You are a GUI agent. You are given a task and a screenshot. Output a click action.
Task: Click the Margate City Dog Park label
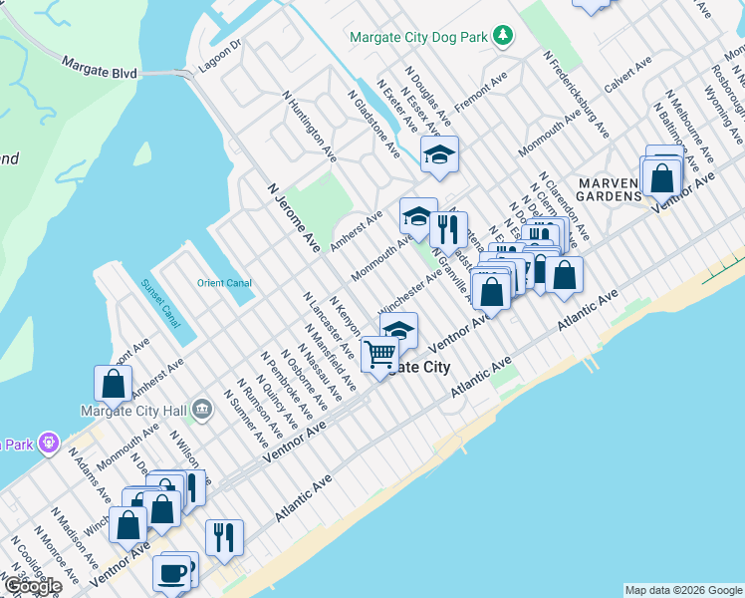tap(419, 37)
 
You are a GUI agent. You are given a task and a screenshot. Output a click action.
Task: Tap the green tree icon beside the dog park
tap(505, 36)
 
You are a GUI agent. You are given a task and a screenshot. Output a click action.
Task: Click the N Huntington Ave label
tap(309, 130)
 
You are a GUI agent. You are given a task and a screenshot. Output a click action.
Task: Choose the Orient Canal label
tap(224, 283)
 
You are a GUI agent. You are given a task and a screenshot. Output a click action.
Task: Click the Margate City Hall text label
tap(133, 410)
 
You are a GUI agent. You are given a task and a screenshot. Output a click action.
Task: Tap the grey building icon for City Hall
tap(202, 408)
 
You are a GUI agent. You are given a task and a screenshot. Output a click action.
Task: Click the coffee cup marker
tap(171, 574)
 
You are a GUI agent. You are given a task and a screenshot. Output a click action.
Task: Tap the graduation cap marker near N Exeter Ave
tap(439, 153)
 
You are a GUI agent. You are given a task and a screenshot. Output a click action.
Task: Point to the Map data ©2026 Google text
tap(683, 590)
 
